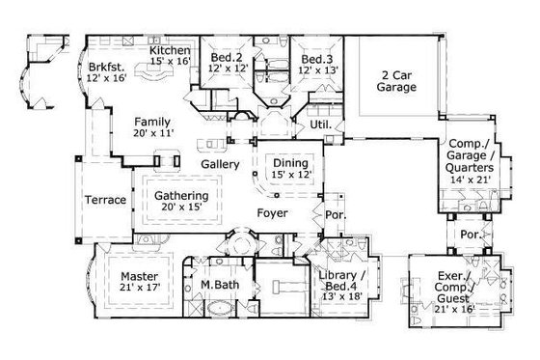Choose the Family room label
click(x=152, y=122)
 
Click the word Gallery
click(x=220, y=165)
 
